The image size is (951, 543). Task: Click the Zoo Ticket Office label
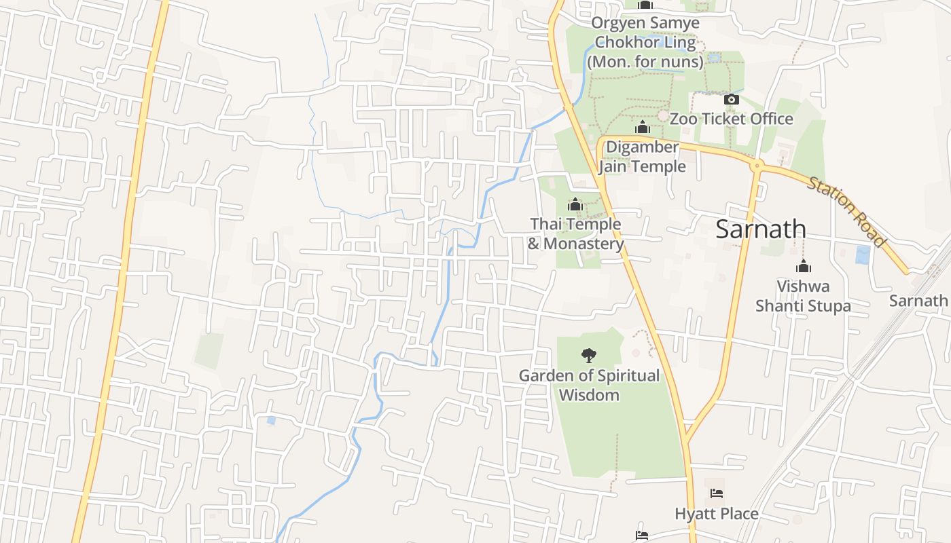(731, 119)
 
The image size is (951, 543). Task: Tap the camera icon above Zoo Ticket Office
(731, 99)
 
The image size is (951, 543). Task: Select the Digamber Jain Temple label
(642, 157)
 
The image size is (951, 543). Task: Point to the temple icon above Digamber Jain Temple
(642, 127)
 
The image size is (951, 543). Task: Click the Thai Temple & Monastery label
(575, 233)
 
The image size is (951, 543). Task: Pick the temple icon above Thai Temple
(575, 204)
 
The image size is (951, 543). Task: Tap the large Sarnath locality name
(761, 229)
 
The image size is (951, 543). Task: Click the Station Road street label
(846, 211)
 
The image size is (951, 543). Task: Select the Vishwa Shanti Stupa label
(803, 296)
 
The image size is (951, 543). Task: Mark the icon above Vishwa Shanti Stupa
(804, 265)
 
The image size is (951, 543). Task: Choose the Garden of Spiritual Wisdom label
(589, 385)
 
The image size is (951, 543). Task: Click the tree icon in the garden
(588, 355)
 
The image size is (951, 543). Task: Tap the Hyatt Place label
(716, 514)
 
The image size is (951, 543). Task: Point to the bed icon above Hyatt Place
(716, 493)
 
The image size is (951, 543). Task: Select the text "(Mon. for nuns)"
(645, 62)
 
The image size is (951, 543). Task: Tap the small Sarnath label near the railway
(918, 301)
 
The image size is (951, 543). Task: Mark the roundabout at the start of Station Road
(757, 165)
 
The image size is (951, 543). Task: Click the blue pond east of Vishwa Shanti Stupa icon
(862, 255)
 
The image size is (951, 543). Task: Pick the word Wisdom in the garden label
(589, 395)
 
